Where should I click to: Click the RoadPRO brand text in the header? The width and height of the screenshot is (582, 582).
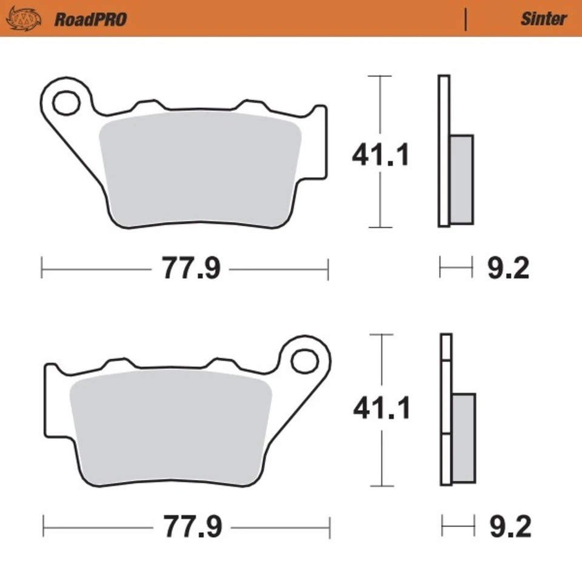pyautogui.click(x=90, y=19)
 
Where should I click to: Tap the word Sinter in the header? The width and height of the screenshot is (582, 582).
pyautogui.click(x=543, y=19)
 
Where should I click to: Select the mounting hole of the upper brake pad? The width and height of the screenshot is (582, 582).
pyautogui.click(x=65, y=104)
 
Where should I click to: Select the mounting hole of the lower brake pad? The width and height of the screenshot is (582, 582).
pyautogui.click(x=304, y=361)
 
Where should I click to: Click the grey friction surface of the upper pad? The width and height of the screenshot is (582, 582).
pyautogui.click(x=200, y=170)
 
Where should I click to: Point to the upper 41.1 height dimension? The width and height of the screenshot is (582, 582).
pyautogui.click(x=381, y=156)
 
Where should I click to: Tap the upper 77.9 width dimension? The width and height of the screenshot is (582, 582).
pyautogui.click(x=190, y=268)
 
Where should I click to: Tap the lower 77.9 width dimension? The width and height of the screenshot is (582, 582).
pyautogui.click(x=192, y=526)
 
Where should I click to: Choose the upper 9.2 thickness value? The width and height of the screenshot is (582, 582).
pyautogui.click(x=508, y=268)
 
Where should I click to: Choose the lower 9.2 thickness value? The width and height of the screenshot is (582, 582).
pyautogui.click(x=509, y=526)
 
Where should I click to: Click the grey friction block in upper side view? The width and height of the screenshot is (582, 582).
pyautogui.click(x=462, y=179)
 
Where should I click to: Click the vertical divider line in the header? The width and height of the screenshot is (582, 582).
pyautogui.click(x=466, y=19)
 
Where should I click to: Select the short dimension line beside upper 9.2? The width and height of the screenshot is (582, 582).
pyautogui.click(x=456, y=267)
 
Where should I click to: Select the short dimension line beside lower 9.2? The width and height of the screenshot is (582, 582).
pyautogui.click(x=458, y=526)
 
